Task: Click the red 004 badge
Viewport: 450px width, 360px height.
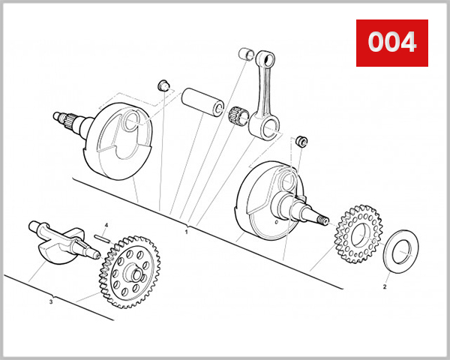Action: tap(391, 43)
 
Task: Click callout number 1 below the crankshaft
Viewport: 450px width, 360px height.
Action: tap(186, 232)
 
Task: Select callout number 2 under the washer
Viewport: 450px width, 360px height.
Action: tap(385, 286)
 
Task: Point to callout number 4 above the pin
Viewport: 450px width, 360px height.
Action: tap(106, 225)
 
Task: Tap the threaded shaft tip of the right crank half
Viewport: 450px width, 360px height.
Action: tap(325, 220)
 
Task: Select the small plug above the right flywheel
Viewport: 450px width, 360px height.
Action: tap(301, 139)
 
